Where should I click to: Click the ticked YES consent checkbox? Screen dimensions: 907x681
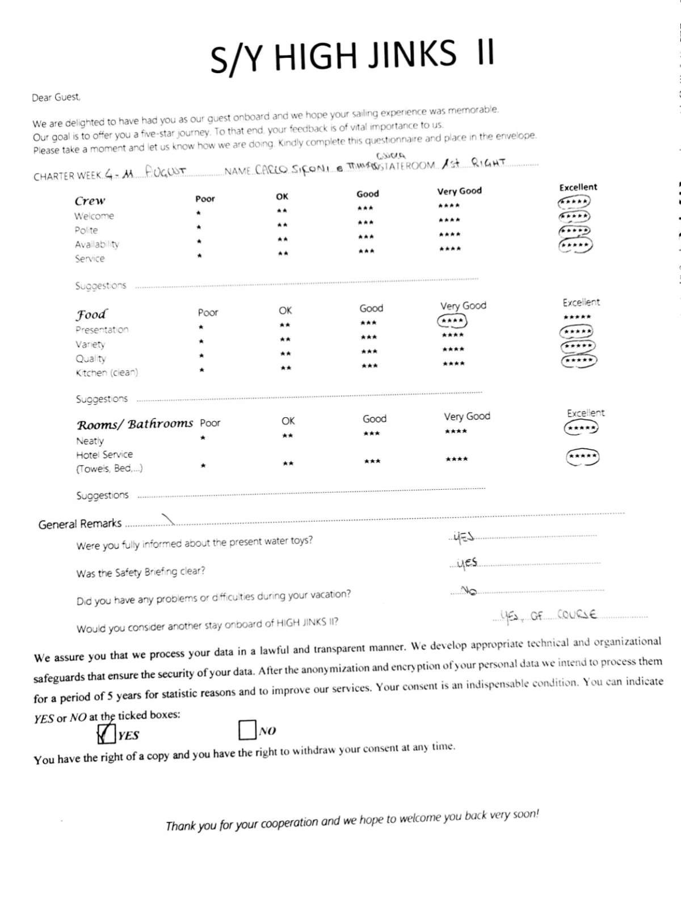(x=106, y=734)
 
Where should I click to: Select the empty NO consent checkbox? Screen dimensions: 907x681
(x=247, y=730)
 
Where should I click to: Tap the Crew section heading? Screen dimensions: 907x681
(x=90, y=200)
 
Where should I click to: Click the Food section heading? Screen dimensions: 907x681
(x=91, y=314)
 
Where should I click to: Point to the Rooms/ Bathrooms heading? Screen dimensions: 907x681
(x=135, y=424)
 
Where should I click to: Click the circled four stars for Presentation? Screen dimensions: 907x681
(x=452, y=321)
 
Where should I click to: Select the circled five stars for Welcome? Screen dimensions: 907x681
(x=574, y=202)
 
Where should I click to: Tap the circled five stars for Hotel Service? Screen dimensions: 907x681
(x=583, y=456)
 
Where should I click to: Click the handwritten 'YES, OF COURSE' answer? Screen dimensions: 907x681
(x=549, y=615)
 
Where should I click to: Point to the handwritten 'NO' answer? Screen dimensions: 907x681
(x=469, y=591)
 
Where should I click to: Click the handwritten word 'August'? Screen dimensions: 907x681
(x=165, y=171)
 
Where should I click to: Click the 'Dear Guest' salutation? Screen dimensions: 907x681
(x=56, y=97)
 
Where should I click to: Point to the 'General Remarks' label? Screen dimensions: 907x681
(x=80, y=523)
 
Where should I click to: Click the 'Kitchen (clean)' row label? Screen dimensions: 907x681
(x=107, y=373)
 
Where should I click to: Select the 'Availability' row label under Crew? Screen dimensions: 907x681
(x=97, y=244)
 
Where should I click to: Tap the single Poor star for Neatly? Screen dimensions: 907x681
(x=203, y=438)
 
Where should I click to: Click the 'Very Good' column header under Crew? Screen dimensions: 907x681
(x=459, y=191)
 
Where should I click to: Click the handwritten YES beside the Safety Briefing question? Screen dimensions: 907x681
(x=467, y=563)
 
